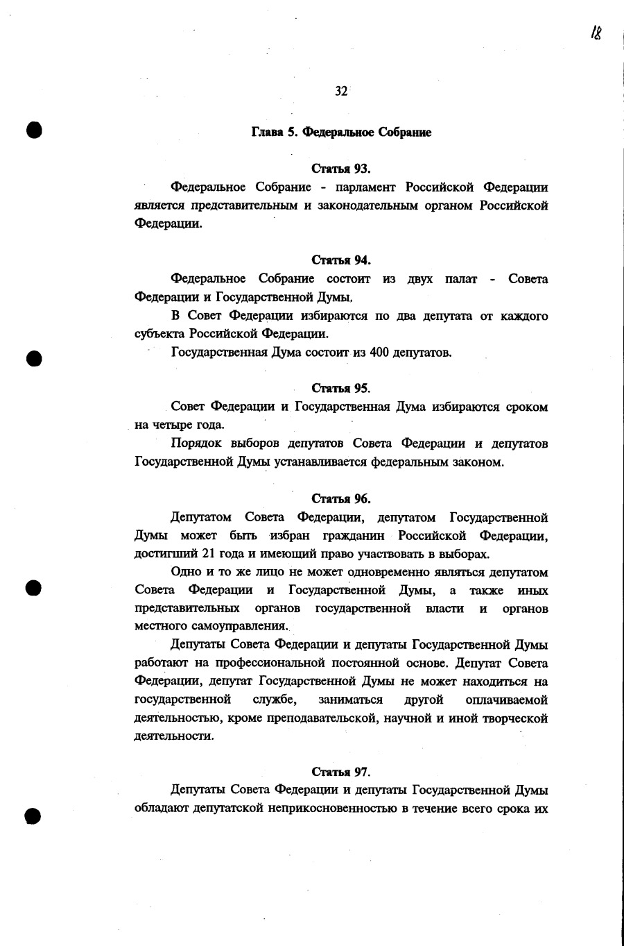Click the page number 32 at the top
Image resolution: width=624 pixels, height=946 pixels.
(x=341, y=92)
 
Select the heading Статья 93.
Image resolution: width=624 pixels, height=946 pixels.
(x=341, y=169)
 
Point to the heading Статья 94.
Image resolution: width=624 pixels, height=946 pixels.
(x=341, y=260)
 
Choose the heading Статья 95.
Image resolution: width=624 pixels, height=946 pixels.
(x=341, y=388)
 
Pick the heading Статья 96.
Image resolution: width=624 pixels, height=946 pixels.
(x=341, y=498)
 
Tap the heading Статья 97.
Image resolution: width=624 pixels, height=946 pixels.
(x=341, y=772)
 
